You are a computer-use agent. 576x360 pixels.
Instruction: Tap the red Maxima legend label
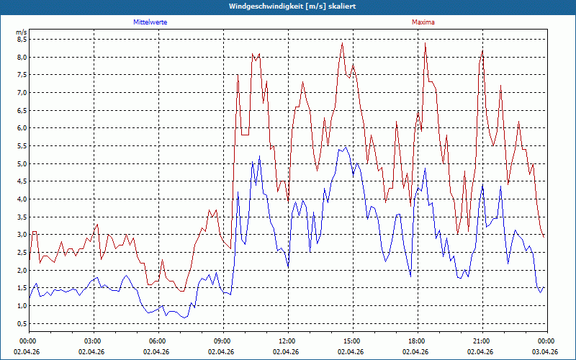coord(423,22)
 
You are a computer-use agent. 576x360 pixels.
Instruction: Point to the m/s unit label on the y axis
coord(21,32)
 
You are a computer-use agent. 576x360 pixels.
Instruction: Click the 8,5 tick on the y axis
coord(21,40)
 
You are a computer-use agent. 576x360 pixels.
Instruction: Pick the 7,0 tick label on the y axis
coord(21,93)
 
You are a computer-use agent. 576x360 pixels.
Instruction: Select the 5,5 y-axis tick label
coord(21,146)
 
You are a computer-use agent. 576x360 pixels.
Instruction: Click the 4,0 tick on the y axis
coord(21,199)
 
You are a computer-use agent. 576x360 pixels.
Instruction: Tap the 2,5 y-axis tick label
coord(21,253)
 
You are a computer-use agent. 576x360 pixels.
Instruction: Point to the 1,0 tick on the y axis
coord(21,306)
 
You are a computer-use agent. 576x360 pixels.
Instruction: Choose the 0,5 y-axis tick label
coord(21,323)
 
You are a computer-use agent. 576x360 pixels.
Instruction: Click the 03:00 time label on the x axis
coord(94,341)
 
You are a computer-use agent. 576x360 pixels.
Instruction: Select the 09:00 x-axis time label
coord(222,341)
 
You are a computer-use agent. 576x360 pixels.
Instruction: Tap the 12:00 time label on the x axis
coord(287,341)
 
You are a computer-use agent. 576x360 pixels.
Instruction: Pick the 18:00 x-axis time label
coord(417,341)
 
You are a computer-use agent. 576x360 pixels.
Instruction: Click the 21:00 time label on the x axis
coord(482,341)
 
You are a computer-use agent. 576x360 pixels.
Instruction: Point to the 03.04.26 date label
coord(545,352)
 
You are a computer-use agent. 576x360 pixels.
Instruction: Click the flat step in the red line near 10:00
coord(246,135)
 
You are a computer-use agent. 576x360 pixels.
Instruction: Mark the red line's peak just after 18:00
coord(426,43)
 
